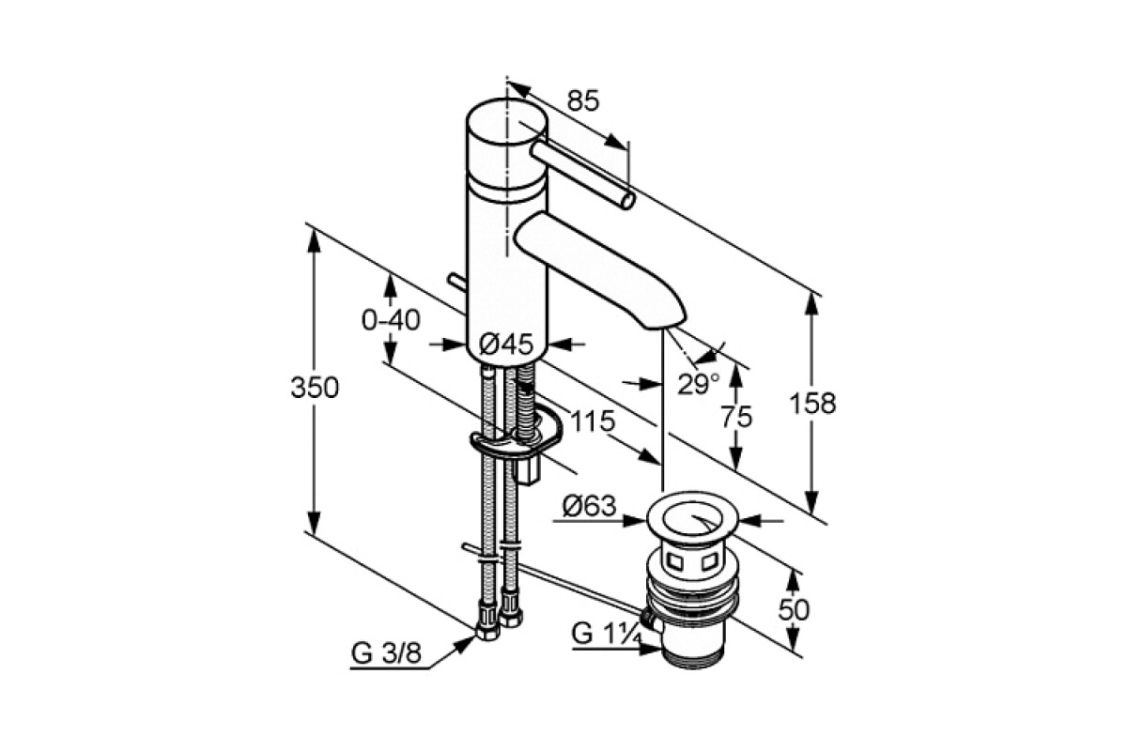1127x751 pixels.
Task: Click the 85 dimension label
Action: pyautogui.click(x=583, y=100)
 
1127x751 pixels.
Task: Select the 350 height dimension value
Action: pyautogui.click(x=315, y=388)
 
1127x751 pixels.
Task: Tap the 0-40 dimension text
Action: pyautogui.click(x=391, y=320)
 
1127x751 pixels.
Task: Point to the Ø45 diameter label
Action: pyautogui.click(x=505, y=345)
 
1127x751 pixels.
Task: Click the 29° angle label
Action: pyautogui.click(x=699, y=384)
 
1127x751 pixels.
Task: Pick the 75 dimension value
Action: pyautogui.click(x=736, y=417)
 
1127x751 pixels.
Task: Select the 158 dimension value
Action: pyautogui.click(x=812, y=403)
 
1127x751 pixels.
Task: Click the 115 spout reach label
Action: pyautogui.click(x=594, y=421)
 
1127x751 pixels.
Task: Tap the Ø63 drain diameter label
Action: pyautogui.click(x=589, y=506)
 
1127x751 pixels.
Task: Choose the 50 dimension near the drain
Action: pyautogui.click(x=794, y=610)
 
